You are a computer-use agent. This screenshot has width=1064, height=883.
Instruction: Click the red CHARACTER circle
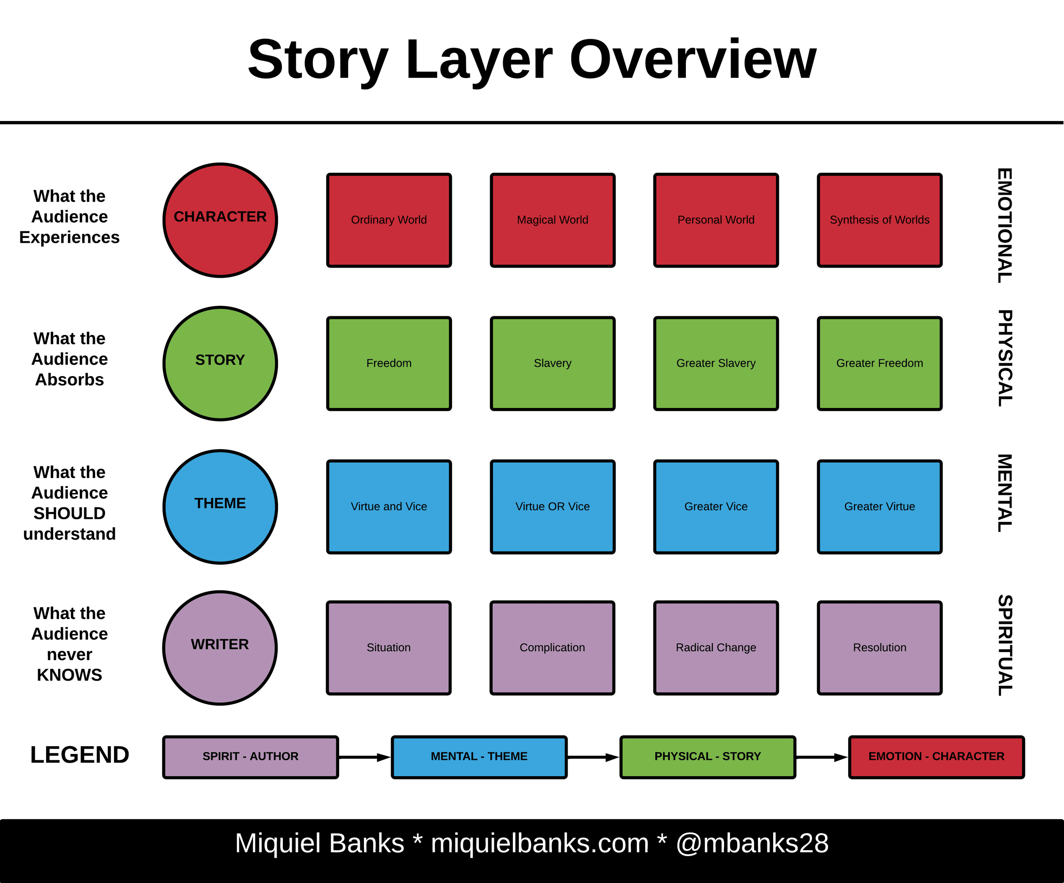click(220, 220)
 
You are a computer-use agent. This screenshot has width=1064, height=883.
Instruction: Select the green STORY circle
click(220, 364)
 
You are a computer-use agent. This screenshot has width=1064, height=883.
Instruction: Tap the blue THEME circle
click(220, 507)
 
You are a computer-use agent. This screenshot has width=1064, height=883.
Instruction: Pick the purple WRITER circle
click(220, 648)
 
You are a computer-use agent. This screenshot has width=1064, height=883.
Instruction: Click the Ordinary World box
click(389, 220)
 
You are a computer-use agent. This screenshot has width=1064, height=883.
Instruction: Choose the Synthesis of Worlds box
click(880, 220)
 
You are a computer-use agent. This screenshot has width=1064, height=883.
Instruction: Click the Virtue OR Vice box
click(553, 507)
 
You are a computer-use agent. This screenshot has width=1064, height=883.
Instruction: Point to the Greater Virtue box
click(880, 507)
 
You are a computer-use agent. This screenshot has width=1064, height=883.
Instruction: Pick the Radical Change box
click(716, 648)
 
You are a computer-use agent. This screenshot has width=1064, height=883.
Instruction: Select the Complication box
click(552, 648)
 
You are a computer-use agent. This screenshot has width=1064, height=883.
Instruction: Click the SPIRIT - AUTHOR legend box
click(250, 757)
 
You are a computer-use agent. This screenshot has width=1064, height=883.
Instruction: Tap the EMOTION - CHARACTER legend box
click(936, 757)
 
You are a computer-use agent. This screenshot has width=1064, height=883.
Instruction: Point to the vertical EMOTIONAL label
click(1005, 226)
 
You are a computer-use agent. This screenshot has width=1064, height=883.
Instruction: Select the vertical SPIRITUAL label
click(1005, 645)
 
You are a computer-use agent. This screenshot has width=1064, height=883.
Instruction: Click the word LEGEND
click(79, 755)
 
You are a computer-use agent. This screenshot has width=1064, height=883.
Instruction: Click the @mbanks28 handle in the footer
click(752, 844)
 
